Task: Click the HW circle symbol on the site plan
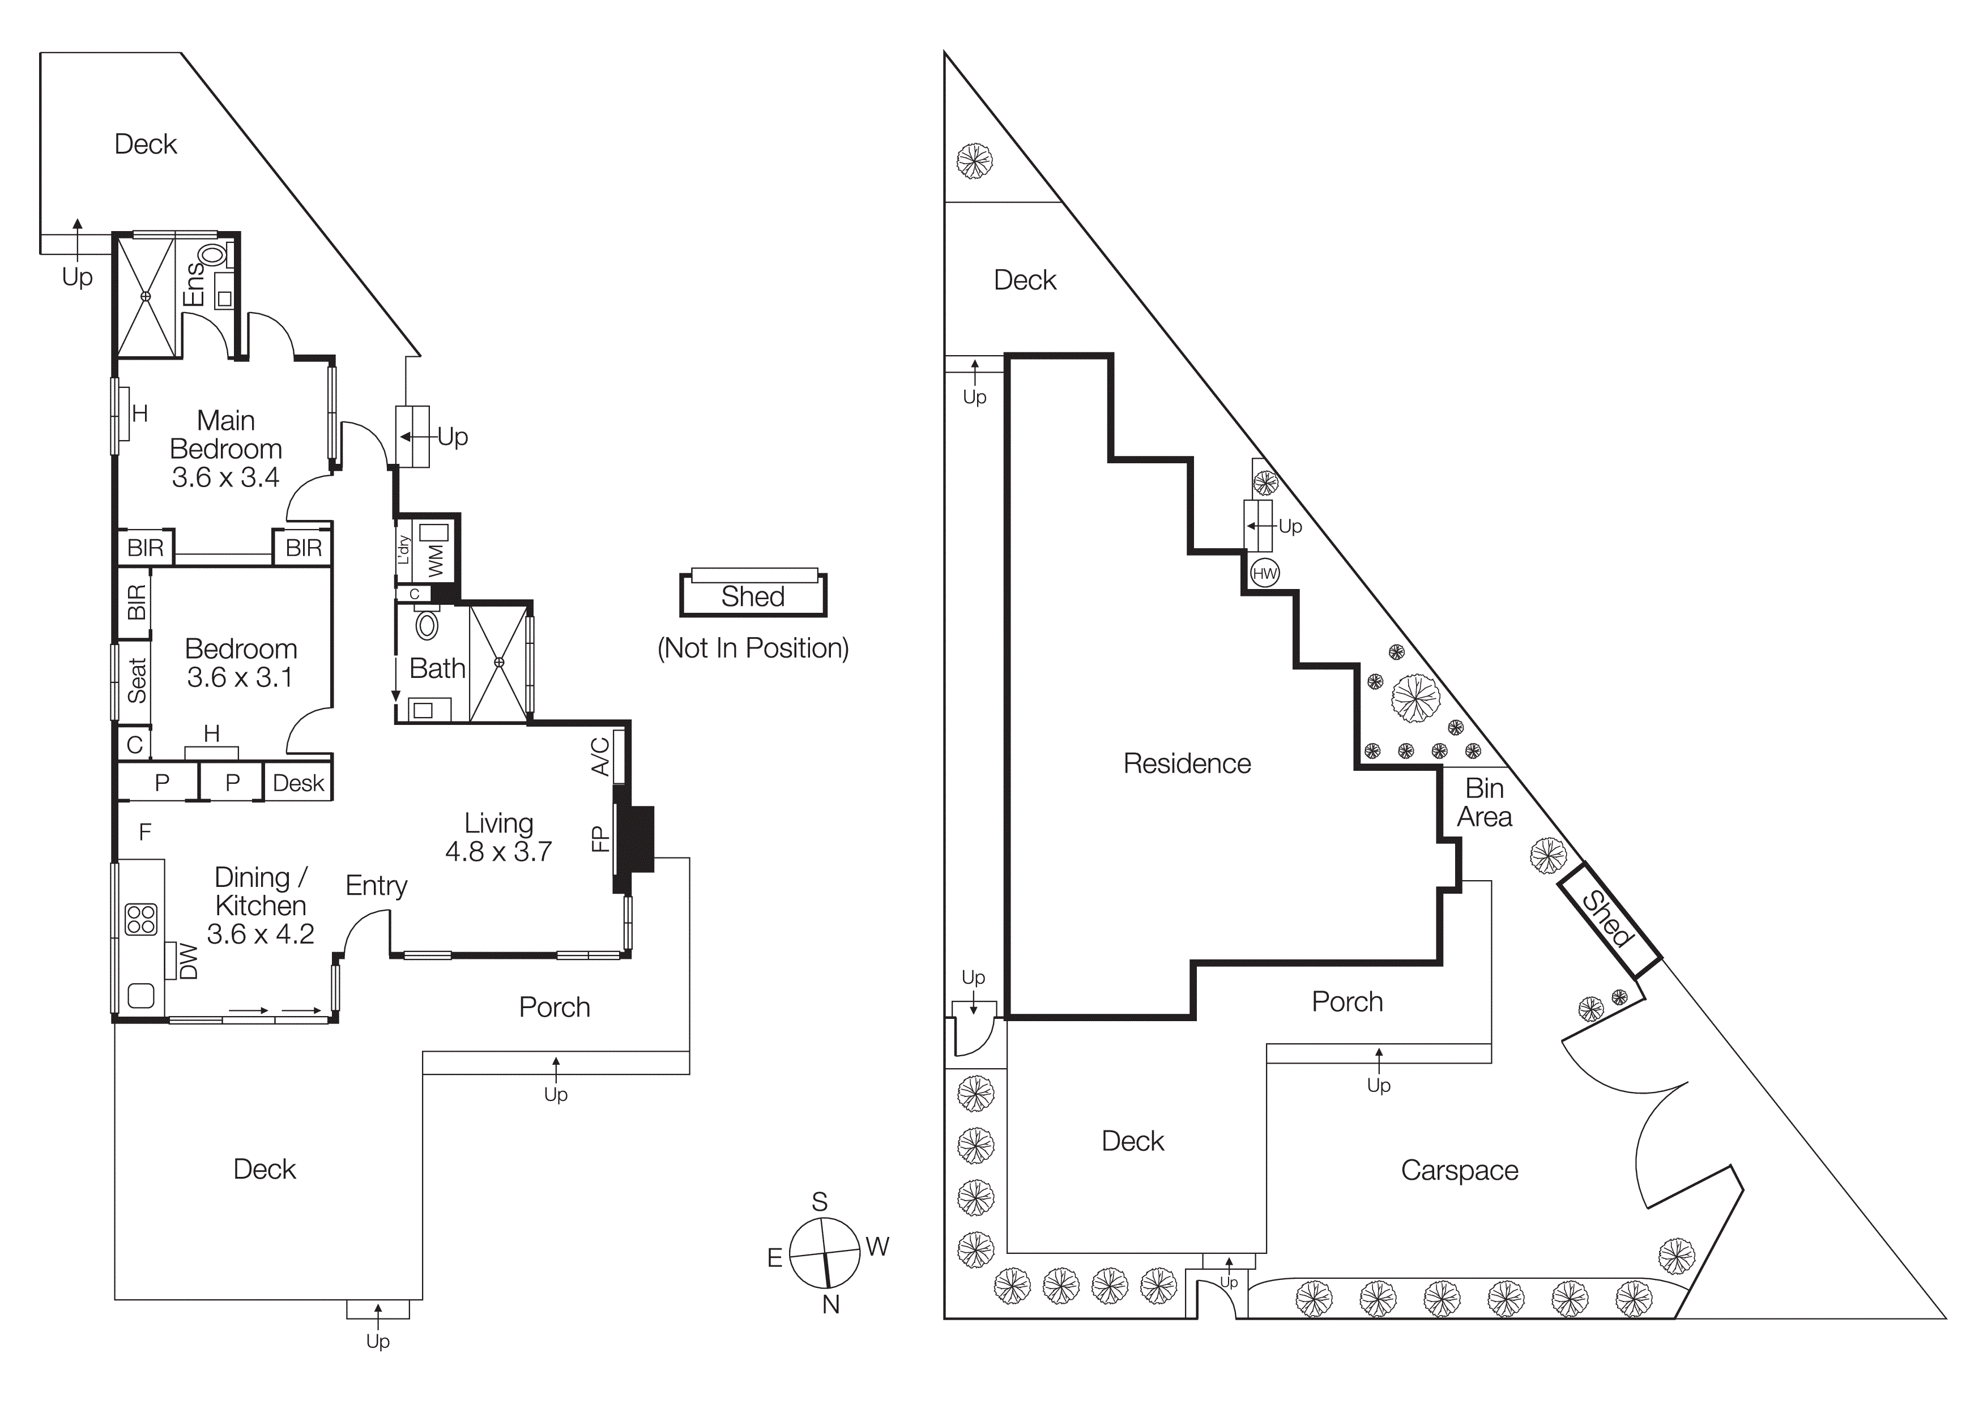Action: [x=1264, y=573]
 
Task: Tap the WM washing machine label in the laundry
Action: [x=436, y=560]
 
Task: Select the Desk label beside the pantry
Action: [x=298, y=783]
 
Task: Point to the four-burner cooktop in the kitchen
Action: [x=141, y=920]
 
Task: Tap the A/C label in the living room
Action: [x=600, y=756]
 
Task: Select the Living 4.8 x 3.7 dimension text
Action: [x=498, y=851]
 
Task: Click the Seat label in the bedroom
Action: [x=137, y=680]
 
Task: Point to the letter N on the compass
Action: [x=831, y=1304]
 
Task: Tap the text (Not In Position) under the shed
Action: [x=753, y=648]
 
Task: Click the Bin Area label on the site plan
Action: [x=1483, y=802]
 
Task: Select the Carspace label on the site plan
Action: [x=1459, y=1171]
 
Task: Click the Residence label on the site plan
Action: [x=1187, y=763]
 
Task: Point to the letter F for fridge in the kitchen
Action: [x=146, y=832]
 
